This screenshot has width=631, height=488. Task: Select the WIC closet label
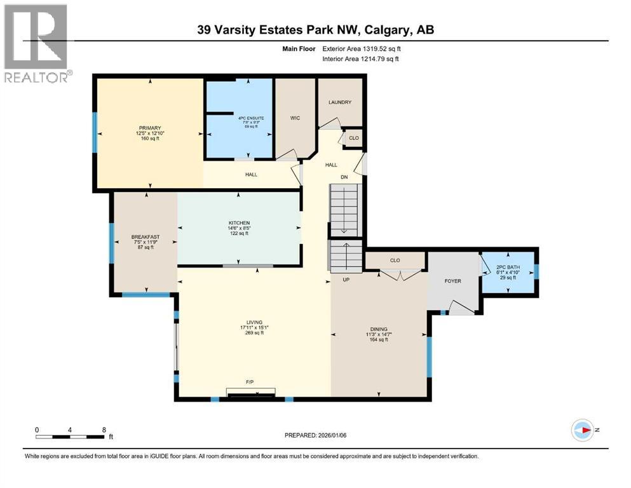click(294, 118)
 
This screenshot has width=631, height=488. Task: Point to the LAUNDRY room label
click(340, 102)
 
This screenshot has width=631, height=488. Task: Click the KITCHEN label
click(239, 223)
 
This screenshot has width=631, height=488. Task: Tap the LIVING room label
click(255, 322)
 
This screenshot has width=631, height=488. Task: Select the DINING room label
click(379, 329)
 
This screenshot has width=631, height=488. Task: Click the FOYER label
click(452, 281)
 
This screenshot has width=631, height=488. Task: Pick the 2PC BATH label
click(508, 266)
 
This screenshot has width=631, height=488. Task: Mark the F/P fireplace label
click(250, 383)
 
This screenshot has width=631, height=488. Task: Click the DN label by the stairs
click(343, 178)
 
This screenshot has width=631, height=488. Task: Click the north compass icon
click(582, 430)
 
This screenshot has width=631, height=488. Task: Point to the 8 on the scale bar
click(104, 430)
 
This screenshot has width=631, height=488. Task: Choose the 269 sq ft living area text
click(255, 334)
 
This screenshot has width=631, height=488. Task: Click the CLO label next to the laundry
click(354, 138)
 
